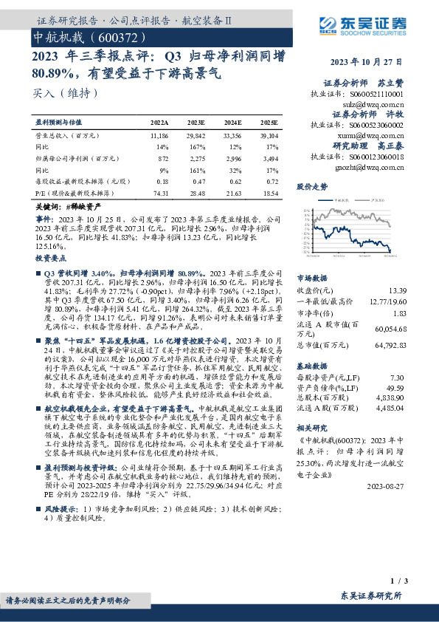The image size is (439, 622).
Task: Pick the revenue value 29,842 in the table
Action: tap(196, 137)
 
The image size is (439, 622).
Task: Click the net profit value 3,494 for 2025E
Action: tap(271, 158)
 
